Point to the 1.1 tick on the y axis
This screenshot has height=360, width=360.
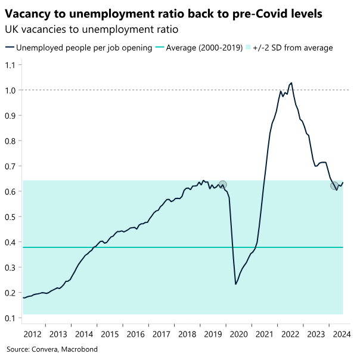11,64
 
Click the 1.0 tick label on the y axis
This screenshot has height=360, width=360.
11,90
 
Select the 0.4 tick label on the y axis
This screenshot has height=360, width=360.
11,242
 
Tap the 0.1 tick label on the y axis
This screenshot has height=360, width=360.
11,318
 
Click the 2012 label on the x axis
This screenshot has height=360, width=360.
33,334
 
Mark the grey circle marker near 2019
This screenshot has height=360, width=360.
222,185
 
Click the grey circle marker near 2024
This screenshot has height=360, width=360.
334,186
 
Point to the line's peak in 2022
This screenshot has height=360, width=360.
291,83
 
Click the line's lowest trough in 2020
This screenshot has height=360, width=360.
236,284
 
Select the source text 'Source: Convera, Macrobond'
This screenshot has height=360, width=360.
52,349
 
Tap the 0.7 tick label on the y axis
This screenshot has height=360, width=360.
11,166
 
